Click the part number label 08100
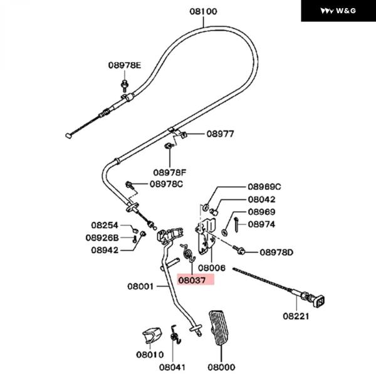(x=204, y=11)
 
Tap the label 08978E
(x=124, y=65)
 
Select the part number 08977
(x=220, y=133)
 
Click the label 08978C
(x=166, y=184)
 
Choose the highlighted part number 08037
(x=195, y=281)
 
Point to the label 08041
(x=172, y=367)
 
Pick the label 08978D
(x=276, y=252)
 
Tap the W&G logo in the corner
(x=338, y=11)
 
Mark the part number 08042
(x=261, y=199)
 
